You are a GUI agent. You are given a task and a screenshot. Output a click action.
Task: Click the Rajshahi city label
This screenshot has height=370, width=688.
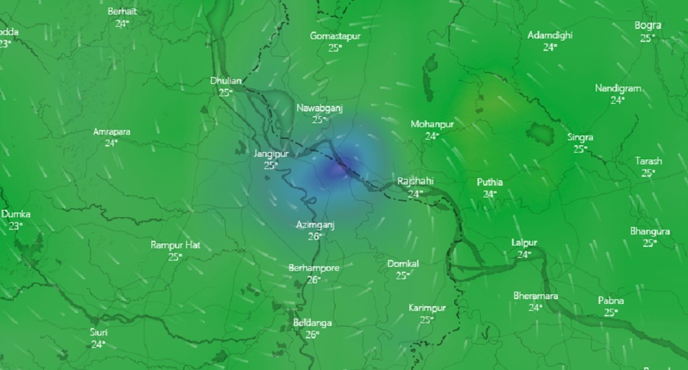tap(415, 181)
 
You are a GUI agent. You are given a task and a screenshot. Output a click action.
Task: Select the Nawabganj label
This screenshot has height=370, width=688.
tap(319, 108)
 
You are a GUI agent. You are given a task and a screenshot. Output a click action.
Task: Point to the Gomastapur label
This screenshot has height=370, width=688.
tap(335, 36)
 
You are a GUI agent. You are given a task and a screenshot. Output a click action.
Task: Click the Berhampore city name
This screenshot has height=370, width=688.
tap(314, 268)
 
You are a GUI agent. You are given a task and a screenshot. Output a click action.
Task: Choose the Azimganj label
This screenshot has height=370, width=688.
tap(315, 225)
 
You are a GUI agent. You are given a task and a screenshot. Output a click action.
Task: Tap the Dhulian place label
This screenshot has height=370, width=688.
tap(226, 80)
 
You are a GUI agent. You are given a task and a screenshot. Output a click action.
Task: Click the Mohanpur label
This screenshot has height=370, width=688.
tap(432, 124)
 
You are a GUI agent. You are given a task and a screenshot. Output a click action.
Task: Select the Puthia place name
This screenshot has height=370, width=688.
tap(490, 182)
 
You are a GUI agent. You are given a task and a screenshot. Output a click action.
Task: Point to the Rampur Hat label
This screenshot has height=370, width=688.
tap(175, 245)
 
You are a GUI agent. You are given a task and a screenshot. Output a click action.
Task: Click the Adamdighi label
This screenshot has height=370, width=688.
tap(550, 36)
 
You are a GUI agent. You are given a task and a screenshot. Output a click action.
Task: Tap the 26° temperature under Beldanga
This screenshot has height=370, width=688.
tap(312, 334)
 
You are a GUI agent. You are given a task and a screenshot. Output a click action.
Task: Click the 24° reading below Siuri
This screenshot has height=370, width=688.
tap(98, 344)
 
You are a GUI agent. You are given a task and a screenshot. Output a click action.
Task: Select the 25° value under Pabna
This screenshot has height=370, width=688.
tap(610, 312)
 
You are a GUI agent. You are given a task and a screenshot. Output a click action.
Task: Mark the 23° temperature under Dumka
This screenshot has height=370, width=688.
tap(15, 226)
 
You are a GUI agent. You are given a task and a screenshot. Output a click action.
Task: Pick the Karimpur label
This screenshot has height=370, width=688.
tap(427, 307)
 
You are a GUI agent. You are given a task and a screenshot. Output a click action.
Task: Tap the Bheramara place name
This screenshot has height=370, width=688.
tap(535, 296)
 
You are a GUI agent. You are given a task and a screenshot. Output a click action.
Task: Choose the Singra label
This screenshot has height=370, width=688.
tap(580, 137)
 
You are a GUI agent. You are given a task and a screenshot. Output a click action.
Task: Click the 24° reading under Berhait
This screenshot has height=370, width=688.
tap(122, 23)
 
